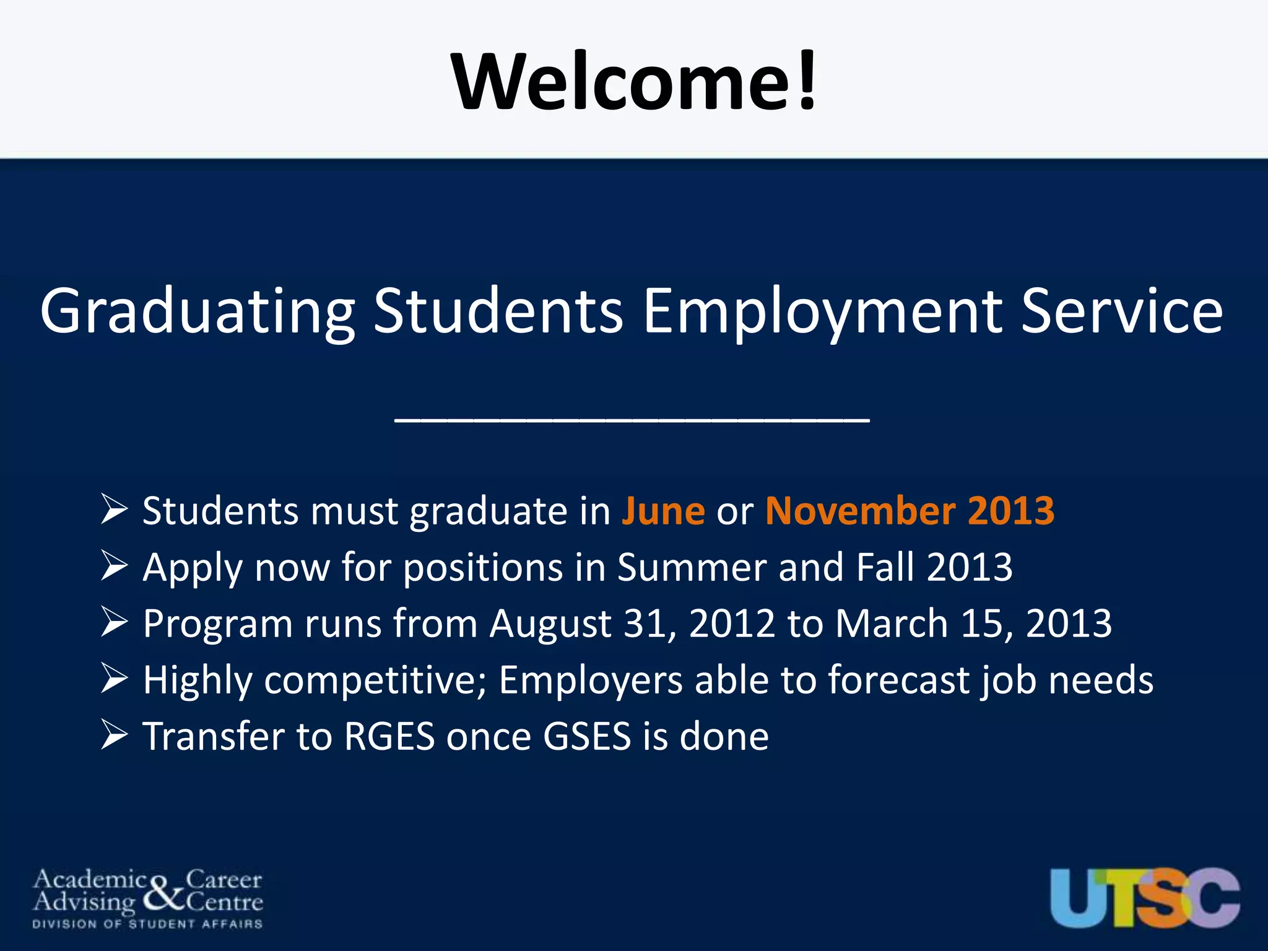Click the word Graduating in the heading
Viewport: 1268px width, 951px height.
click(x=197, y=311)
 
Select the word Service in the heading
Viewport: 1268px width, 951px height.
click(x=1121, y=311)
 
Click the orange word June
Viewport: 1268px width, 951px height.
click(x=663, y=511)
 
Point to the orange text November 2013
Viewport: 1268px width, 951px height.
click(x=910, y=511)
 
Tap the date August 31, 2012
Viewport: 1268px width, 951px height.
click(x=632, y=623)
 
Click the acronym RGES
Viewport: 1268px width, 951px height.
click(x=389, y=737)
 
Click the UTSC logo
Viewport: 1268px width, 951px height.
click(x=1145, y=897)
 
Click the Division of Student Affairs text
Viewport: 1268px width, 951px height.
click(x=147, y=924)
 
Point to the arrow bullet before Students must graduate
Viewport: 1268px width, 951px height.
click(x=114, y=510)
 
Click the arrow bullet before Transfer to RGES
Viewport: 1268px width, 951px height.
click(x=114, y=736)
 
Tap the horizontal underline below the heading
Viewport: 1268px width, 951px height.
click(x=632, y=421)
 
